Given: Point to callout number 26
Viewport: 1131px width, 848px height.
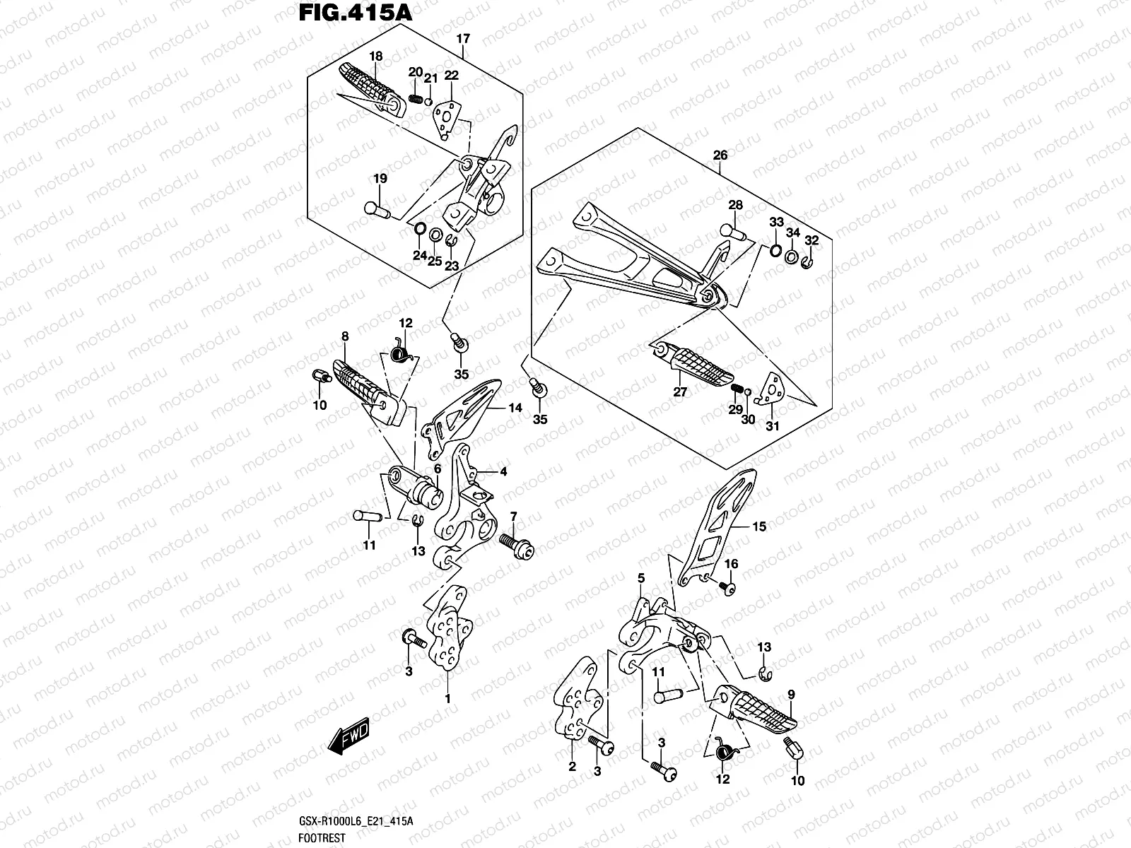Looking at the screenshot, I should click(720, 155).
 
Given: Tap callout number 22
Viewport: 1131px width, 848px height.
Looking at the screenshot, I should click(452, 76).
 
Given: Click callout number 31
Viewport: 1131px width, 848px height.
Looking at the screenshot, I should click(772, 426).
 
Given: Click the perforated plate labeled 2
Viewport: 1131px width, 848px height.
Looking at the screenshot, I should click(577, 702).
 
